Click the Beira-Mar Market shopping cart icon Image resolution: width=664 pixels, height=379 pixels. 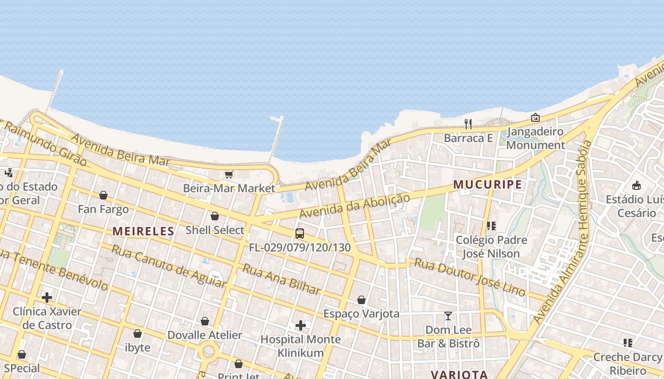tap(229, 175)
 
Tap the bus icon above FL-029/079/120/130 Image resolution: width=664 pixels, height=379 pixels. tap(300, 234)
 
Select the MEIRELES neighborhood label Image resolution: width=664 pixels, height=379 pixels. tap(143, 231)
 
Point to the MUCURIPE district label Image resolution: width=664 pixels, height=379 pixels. tap(488, 184)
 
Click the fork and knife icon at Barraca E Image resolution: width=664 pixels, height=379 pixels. tap(468, 124)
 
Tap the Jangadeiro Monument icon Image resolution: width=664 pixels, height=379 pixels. tap(535, 117)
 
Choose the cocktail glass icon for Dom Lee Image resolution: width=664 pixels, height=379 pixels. tap(448, 316)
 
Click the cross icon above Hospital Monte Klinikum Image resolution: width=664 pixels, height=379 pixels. tap(301, 325)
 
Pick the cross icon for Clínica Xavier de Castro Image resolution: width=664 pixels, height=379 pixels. tap(47, 298)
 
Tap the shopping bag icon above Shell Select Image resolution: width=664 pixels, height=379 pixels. tap(215, 217)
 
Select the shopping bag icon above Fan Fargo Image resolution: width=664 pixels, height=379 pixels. tap(103, 195)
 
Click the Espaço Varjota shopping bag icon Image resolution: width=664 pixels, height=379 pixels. tap(361, 300)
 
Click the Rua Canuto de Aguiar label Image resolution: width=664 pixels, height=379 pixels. tap(168, 266)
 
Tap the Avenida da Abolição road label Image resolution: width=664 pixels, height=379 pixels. tap(354, 206)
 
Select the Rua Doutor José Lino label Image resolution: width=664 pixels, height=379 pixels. tap(470, 277)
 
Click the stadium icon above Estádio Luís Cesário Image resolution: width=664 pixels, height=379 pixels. tap(636, 185)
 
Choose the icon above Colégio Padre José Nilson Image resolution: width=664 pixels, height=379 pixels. tap(491, 226)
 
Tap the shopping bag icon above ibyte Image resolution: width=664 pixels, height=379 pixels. tap(138, 334)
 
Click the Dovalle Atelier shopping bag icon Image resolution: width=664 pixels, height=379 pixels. tap(205, 322)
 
